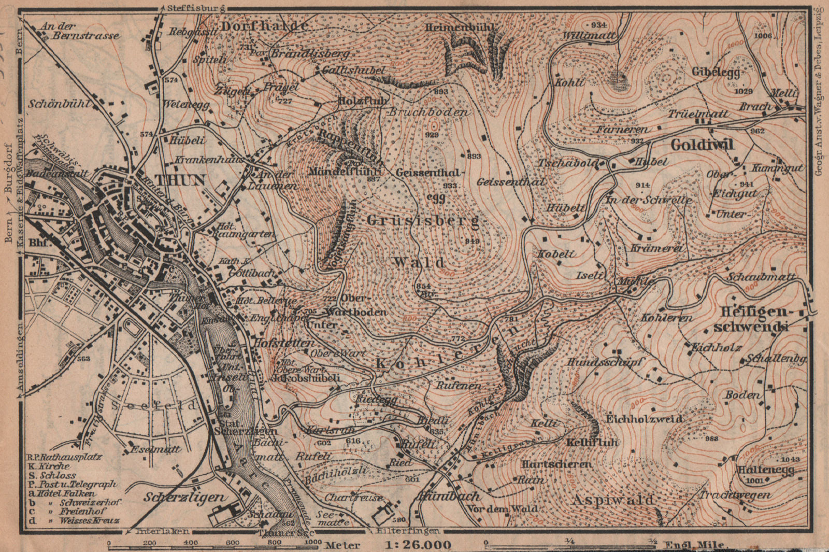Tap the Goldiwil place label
tap(702, 145)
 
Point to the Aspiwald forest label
tap(612, 500)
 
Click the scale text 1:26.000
tap(419, 545)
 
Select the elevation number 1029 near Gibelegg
tap(742, 91)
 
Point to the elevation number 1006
tap(763, 36)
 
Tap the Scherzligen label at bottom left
tap(184, 497)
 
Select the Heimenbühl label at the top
tap(461, 27)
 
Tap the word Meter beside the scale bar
tap(342, 545)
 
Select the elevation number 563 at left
tap(83, 359)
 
